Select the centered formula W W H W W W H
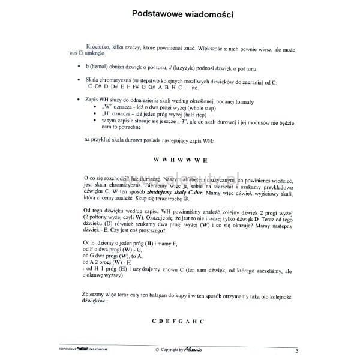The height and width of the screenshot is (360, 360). pos(180,160)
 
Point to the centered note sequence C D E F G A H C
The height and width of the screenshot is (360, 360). pos(178,322)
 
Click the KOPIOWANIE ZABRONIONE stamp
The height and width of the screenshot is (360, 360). pos(80,349)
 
